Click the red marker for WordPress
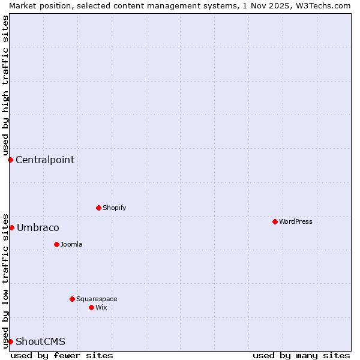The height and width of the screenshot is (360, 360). (275, 221)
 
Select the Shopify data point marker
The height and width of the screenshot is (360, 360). (98, 208)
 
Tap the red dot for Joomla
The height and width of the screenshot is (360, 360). (56, 244)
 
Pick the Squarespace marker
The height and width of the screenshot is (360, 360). (72, 299)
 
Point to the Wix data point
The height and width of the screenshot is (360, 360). (91, 307)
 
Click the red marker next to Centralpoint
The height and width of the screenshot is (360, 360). (10, 160)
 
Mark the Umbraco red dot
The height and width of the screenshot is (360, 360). (11, 227)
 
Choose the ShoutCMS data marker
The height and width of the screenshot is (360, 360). (10, 341)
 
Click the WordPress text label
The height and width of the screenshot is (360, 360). (296, 221)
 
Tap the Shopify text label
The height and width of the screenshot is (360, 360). (114, 208)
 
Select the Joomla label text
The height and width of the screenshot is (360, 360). (71, 244)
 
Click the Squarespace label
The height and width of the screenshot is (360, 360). (97, 299)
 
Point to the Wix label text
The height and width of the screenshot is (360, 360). (101, 307)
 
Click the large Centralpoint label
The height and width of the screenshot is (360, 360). (45, 160)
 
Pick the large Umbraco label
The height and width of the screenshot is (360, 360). (38, 227)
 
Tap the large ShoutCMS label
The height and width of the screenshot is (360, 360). (40, 341)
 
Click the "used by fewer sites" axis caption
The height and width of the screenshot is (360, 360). (62, 355)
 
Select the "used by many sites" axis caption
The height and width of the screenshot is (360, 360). (301, 355)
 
